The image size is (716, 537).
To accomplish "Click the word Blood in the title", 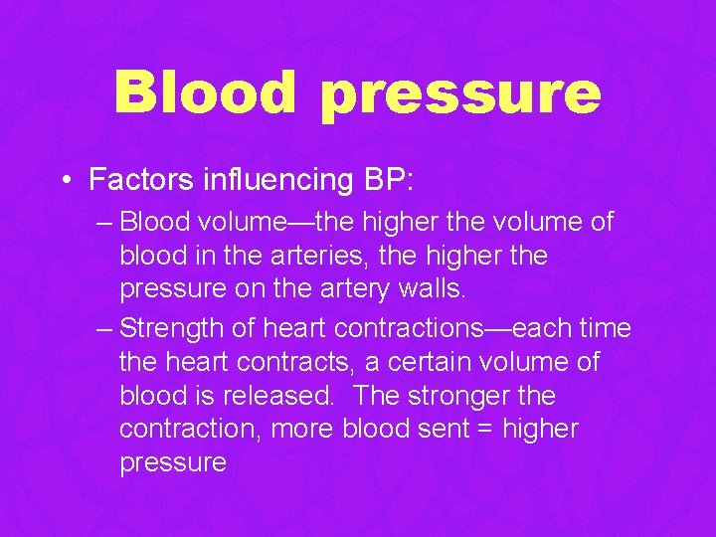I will (206, 91).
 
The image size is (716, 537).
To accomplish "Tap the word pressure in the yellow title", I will (460, 95).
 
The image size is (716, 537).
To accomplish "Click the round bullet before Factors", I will (65, 180).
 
